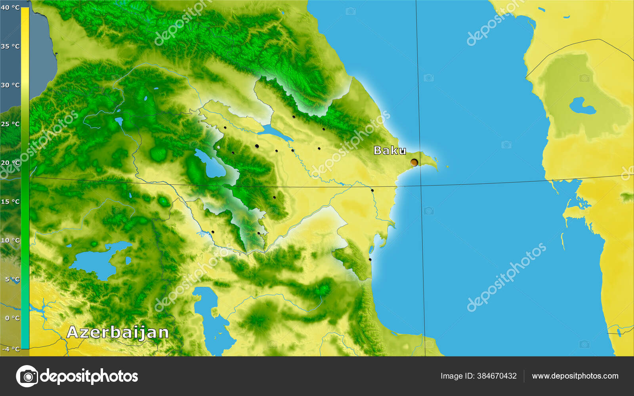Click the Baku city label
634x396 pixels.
(x=390, y=150)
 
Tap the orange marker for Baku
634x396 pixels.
(x=414, y=162)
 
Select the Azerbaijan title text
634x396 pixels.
(x=118, y=332)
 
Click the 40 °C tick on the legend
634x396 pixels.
(x=10, y=8)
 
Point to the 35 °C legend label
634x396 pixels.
(x=10, y=46)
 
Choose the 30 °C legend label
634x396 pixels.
(x=10, y=85)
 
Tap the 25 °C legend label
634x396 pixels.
(x=10, y=124)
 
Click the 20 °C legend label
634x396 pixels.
(x=10, y=163)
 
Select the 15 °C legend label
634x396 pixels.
(x=10, y=202)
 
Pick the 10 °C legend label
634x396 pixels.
(x=10, y=240)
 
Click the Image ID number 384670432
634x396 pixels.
(x=497, y=376)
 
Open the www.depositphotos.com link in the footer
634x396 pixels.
(x=575, y=376)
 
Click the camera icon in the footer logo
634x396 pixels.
(x=27, y=376)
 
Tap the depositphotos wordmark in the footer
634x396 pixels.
(x=89, y=376)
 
